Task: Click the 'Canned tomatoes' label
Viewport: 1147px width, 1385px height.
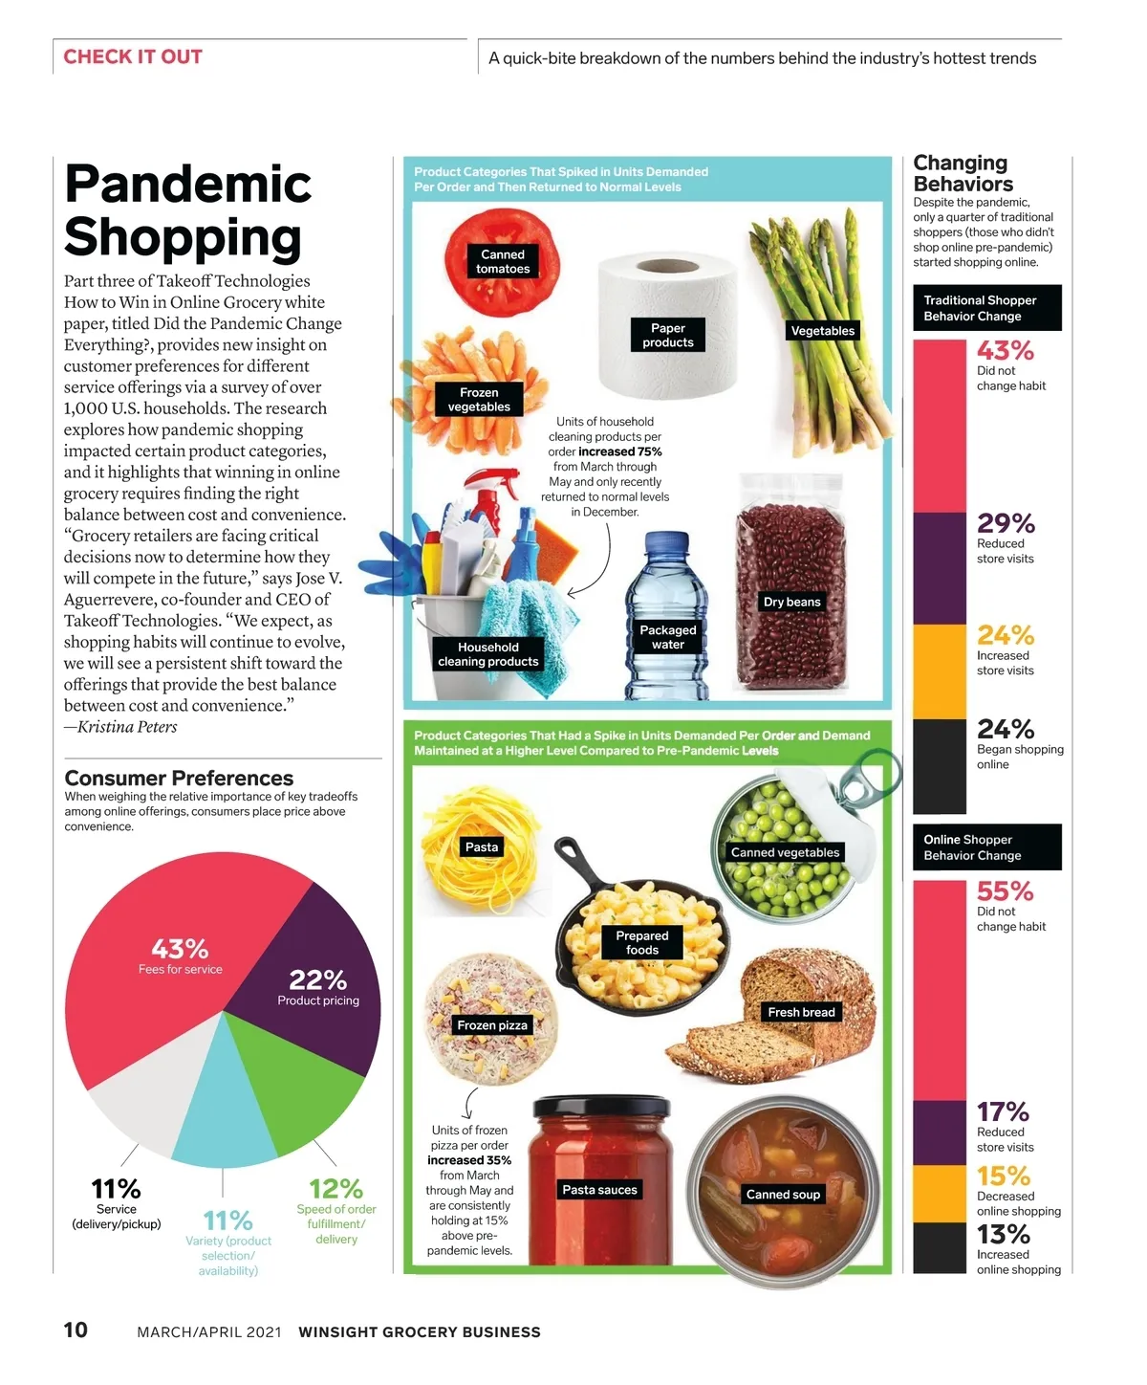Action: pos(503,261)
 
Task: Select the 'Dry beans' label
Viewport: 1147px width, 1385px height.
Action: pos(791,602)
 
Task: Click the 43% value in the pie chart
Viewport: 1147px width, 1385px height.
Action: pos(180,949)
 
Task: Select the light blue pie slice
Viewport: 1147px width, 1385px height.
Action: pos(222,1100)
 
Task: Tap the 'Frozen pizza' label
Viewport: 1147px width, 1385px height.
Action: pos(492,1025)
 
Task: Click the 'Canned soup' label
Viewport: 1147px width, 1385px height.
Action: pos(783,1195)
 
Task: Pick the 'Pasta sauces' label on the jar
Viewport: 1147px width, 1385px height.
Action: pos(599,1190)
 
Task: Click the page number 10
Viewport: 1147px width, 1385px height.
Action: pos(76,1330)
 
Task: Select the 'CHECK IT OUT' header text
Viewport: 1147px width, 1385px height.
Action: pos(133,56)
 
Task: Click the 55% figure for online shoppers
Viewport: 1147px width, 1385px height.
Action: pos(1005,891)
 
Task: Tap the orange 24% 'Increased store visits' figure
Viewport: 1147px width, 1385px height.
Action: pos(1005,635)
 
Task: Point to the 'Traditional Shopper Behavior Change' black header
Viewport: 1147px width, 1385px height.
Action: pos(986,308)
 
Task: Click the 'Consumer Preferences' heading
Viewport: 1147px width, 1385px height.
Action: pos(179,778)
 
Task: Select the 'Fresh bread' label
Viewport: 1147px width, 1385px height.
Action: pos(801,1012)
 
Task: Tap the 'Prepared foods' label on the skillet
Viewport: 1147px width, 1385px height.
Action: pos(642,942)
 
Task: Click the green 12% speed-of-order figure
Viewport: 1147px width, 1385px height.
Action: pos(335,1189)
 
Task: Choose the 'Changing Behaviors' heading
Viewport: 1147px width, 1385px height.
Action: pos(963,173)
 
